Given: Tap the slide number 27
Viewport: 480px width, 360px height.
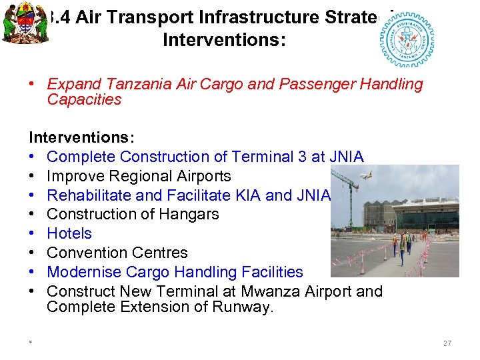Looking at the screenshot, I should coord(447,343).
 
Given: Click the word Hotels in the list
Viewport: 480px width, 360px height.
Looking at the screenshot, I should coord(69,233).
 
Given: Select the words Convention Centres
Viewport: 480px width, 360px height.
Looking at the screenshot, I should coord(117,253).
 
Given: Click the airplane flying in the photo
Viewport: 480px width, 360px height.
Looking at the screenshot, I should coord(366,177).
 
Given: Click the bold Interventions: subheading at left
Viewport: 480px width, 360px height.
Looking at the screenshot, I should coord(81,137).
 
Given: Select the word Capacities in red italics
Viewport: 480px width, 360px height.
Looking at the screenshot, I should coord(84,99).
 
